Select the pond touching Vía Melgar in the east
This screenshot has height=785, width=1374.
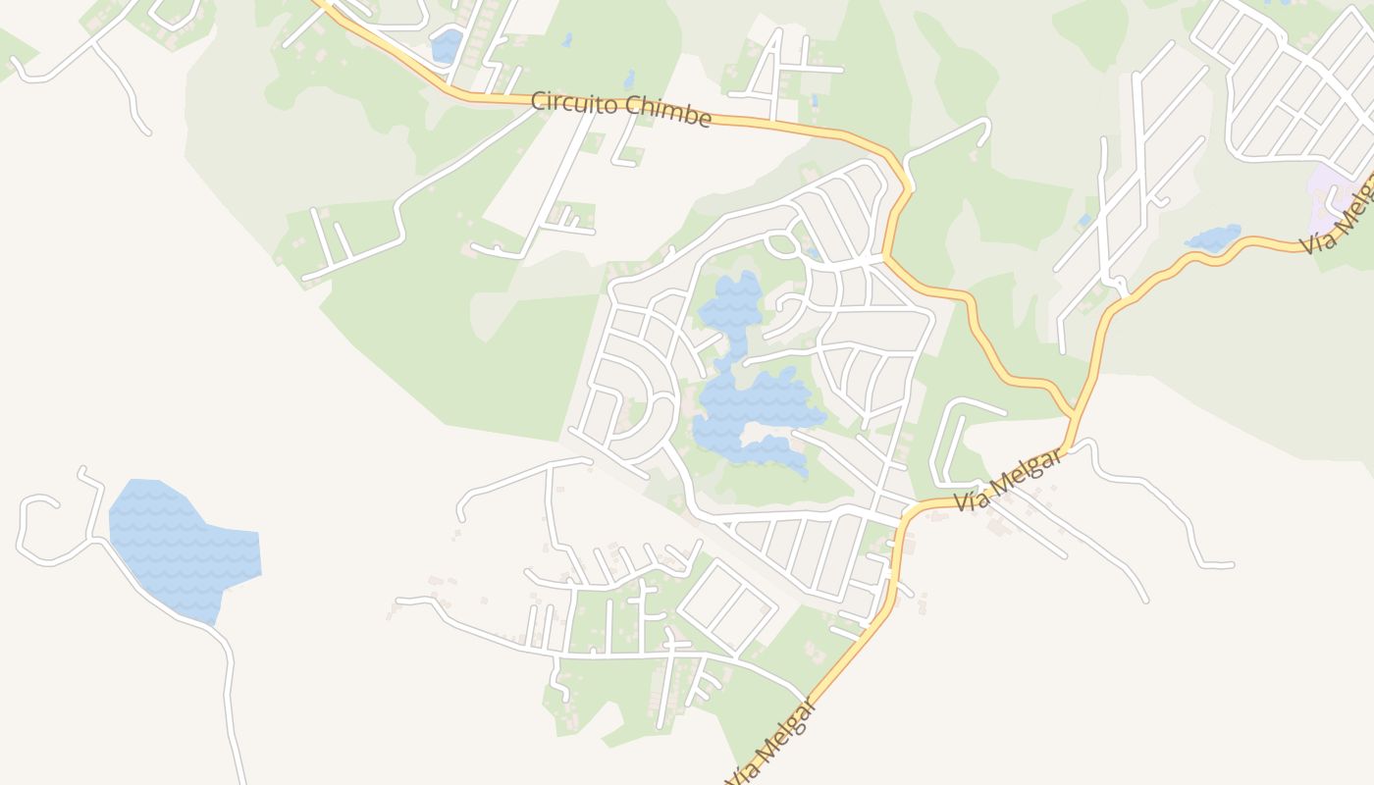click(1213, 237)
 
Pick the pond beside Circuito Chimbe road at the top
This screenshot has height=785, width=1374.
click(448, 44)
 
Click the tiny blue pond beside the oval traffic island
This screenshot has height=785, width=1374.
click(813, 252)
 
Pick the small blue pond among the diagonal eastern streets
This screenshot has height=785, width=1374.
click(1084, 219)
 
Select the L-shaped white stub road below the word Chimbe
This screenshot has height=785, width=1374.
click(623, 147)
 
